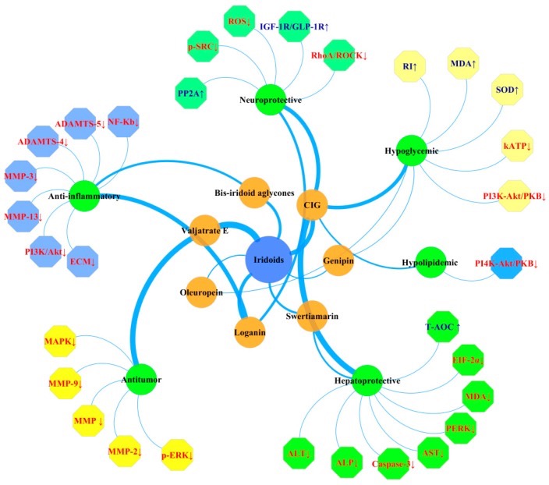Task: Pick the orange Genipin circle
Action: click(x=338, y=260)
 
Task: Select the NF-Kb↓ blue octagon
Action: click(x=122, y=122)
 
